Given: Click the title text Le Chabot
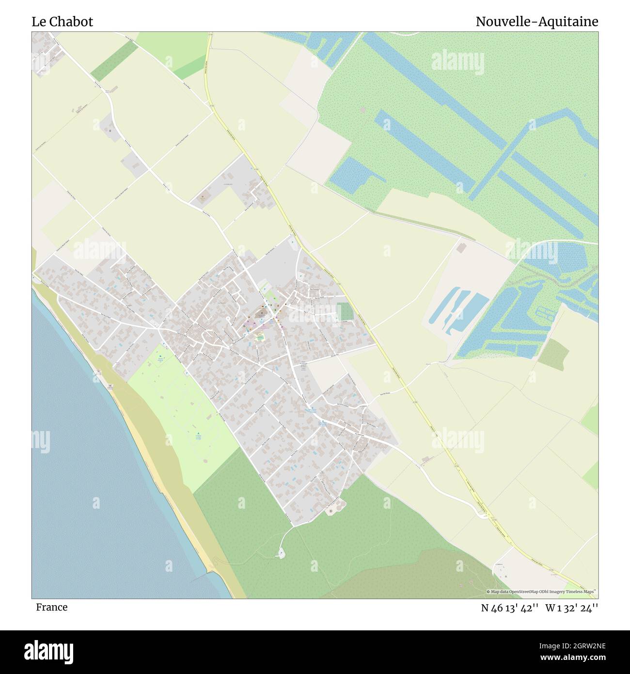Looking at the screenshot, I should point(62,22).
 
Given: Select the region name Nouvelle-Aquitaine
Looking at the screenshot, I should point(536,22).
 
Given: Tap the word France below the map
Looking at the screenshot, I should point(51,607).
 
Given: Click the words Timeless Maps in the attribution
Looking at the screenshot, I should point(583,592).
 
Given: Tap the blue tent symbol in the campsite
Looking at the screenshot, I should point(198,433).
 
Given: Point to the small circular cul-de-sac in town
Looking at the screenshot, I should point(228,319).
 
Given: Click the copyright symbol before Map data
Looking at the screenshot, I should point(488,592).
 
